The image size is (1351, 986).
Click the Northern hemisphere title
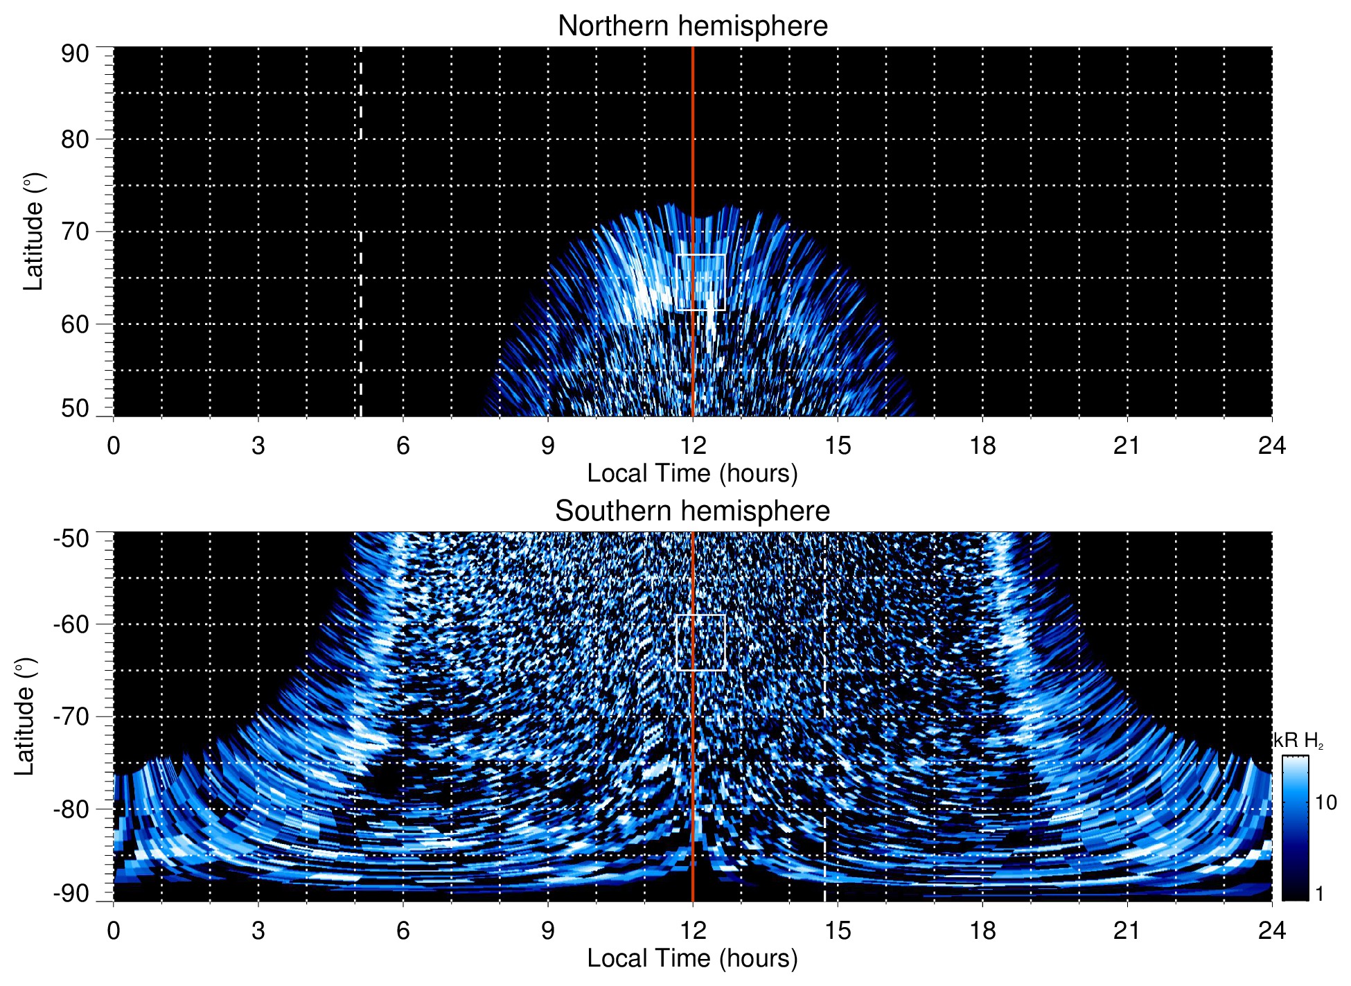(692, 26)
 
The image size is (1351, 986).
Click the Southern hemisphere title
(692, 511)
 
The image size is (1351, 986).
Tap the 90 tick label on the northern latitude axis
(75, 54)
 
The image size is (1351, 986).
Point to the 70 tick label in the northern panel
(75, 231)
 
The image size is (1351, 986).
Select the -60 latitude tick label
(71, 624)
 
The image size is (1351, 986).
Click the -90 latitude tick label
(71, 893)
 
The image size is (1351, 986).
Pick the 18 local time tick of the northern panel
(982, 446)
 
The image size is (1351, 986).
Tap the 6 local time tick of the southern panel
(403, 931)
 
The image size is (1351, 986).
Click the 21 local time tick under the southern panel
(1127, 931)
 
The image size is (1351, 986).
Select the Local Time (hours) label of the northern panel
(692, 473)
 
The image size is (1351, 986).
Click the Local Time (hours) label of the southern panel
(692, 958)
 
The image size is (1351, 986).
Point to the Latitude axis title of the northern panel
(33, 231)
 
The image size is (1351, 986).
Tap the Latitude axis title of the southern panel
(24, 716)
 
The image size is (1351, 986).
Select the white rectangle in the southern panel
(700, 615)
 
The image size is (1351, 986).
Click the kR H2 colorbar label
(1298, 741)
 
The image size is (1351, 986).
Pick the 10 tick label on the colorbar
(1325, 802)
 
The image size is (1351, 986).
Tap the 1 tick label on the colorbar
(1319, 894)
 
